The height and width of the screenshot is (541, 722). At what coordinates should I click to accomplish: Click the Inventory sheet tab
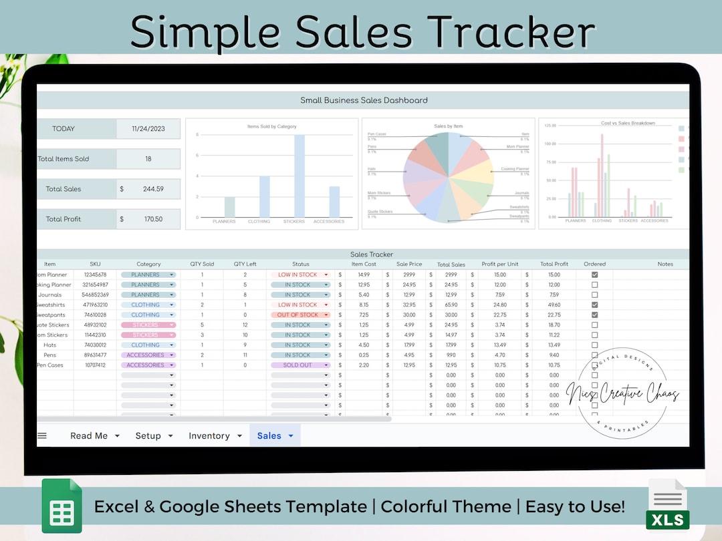(x=209, y=436)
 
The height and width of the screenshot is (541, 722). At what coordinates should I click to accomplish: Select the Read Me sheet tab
(x=89, y=436)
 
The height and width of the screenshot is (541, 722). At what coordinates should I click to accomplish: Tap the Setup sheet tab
(x=148, y=436)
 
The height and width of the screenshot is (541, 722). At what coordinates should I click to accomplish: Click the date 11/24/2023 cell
(x=148, y=129)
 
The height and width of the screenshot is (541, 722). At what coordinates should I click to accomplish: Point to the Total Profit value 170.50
(x=153, y=219)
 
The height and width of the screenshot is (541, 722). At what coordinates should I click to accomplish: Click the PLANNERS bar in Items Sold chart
(x=229, y=207)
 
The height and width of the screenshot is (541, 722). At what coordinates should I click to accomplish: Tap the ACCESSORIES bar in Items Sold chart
(x=334, y=202)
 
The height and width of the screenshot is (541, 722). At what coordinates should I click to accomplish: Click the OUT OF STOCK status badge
(x=297, y=315)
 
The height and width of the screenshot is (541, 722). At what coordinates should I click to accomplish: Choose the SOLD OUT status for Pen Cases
(x=297, y=365)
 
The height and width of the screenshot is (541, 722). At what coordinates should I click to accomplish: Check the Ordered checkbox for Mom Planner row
(x=594, y=275)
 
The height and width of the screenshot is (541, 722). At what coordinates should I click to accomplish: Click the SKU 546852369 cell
(x=95, y=295)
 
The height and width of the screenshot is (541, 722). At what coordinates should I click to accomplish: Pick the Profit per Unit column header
(x=500, y=264)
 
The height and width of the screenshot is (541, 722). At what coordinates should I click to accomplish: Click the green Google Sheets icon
(x=62, y=506)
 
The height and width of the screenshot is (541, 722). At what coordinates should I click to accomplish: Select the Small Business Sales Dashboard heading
(x=364, y=100)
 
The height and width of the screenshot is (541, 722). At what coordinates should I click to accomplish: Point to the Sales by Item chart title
(x=448, y=126)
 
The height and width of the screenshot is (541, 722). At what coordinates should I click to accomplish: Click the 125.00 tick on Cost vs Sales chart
(x=550, y=126)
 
